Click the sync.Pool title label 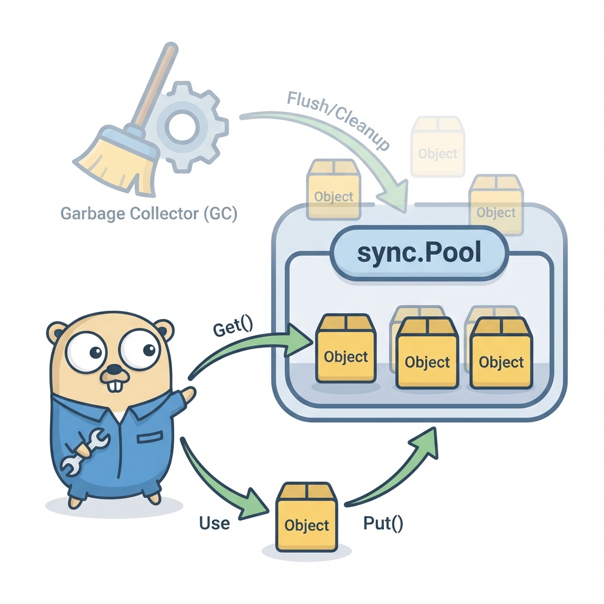[419, 254]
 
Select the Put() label [384, 523]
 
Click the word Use [214, 523]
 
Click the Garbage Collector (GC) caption [149, 214]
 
